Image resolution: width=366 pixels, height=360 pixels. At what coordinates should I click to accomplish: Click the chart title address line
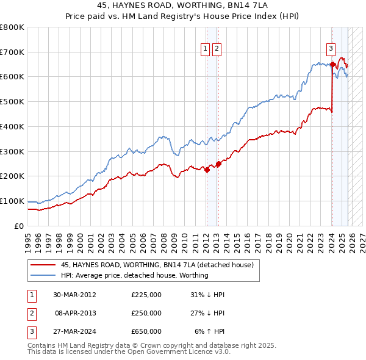[x=183, y=5]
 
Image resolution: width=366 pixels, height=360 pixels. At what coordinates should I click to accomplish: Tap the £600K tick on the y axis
[x=12, y=77]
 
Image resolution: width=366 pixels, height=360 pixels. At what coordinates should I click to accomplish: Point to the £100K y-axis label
[x=12, y=201]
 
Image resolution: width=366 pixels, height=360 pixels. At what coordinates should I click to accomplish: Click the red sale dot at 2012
[x=207, y=170]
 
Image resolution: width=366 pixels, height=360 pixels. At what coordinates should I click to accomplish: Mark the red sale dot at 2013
[x=218, y=164]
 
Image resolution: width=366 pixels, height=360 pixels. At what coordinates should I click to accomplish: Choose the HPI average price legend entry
[x=134, y=275]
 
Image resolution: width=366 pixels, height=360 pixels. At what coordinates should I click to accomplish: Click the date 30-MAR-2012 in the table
[x=75, y=295]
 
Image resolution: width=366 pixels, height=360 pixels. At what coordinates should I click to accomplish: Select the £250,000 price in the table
[x=146, y=313]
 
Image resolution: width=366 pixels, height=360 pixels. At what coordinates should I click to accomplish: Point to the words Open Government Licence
[x=183, y=352]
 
